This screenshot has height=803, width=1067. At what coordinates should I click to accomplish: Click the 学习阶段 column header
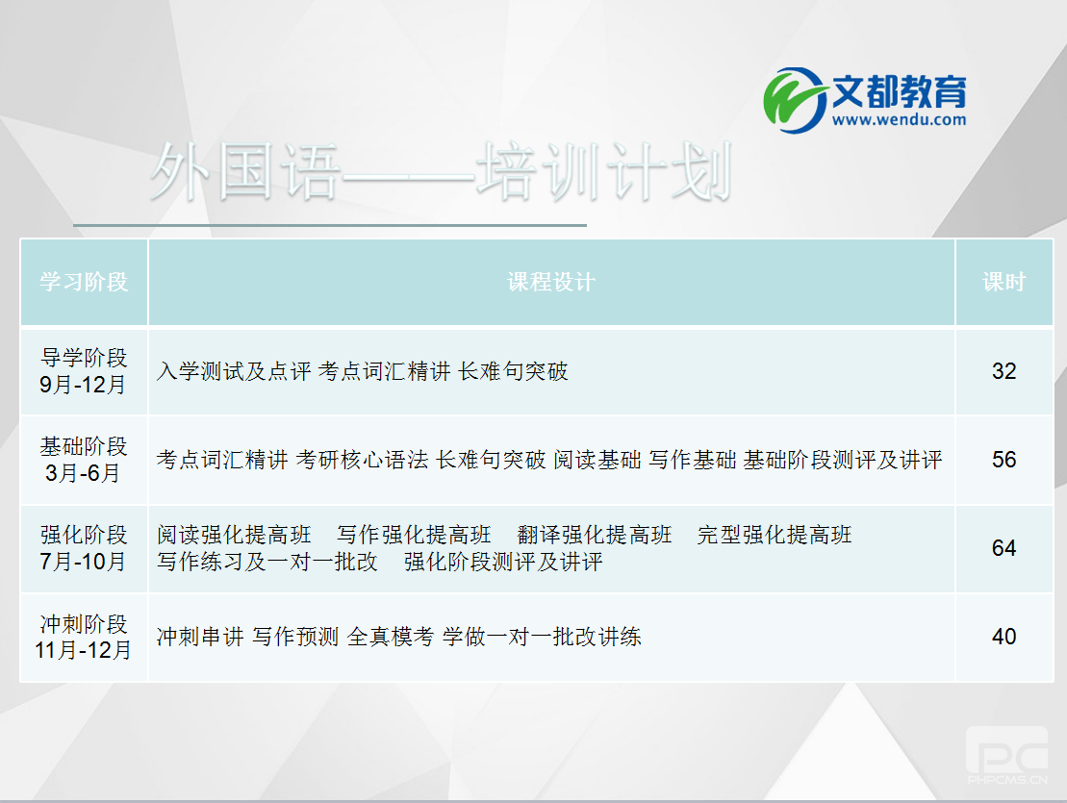point(84,282)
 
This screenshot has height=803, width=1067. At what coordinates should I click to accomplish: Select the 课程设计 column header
point(551,282)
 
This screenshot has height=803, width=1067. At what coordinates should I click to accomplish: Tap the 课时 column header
point(1003,282)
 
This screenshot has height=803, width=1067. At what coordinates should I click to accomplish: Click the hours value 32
point(1003,371)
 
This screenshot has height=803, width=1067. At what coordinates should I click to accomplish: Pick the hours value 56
point(1003,460)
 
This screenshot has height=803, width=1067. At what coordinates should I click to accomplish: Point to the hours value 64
point(1003,548)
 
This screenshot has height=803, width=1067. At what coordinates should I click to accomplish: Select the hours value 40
point(1003,637)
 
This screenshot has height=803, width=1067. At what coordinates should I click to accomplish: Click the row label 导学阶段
point(84,360)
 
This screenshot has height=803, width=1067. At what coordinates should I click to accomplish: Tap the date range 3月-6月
point(84,473)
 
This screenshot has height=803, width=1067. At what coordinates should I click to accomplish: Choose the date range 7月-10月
point(84,562)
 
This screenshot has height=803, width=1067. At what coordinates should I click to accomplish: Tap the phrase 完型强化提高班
point(775,535)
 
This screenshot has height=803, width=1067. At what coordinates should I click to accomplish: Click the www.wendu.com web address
point(899,120)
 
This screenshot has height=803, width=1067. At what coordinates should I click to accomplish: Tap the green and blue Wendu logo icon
point(796,96)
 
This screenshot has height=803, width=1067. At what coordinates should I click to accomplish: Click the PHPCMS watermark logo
point(1006,755)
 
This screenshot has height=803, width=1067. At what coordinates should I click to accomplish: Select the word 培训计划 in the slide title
point(604,173)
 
